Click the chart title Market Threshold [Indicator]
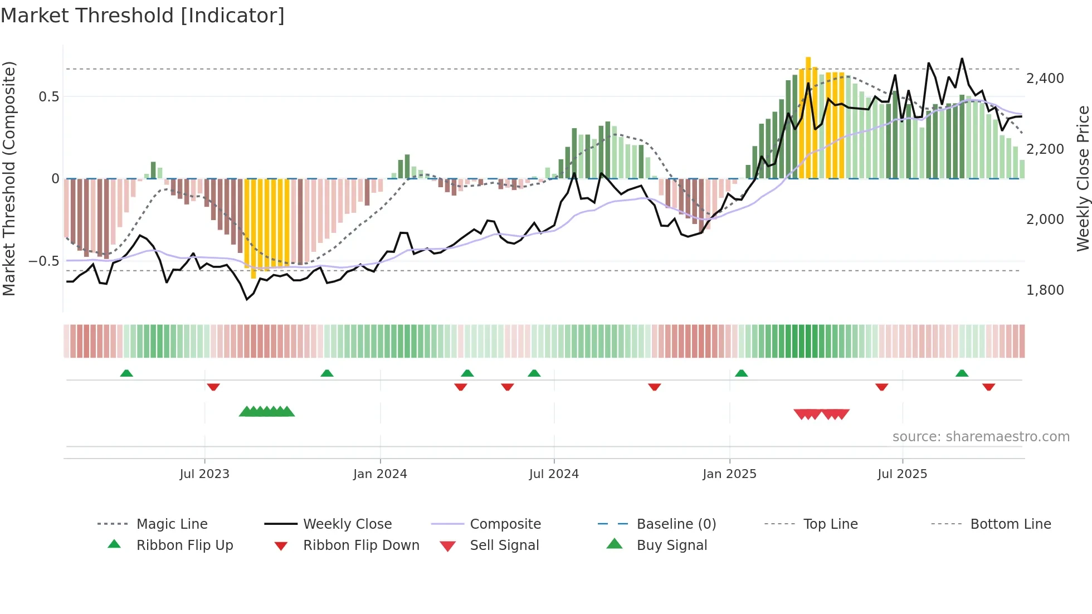click(143, 16)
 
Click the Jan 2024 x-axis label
click(380, 474)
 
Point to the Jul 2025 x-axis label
click(902, 474)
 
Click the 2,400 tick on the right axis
click(1045, 79)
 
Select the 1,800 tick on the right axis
click(1045, 290)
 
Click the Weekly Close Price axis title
click(1083, 178)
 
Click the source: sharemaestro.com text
click(981, 437)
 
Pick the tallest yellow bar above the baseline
click(808, 117)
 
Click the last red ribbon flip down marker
click(988, 387)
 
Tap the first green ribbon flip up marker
click(126, 373)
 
